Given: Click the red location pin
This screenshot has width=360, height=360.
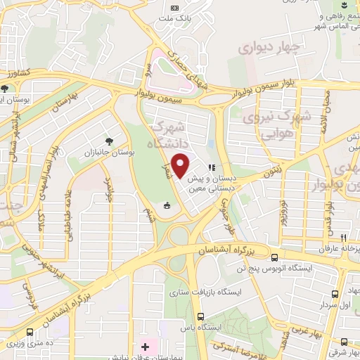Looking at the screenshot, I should tap(181, 166).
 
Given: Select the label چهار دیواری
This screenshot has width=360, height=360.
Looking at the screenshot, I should tap(269, 47).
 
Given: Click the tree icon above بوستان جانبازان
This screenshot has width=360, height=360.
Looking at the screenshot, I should tap(108, 141).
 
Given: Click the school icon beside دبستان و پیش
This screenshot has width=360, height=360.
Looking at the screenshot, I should tap(210, 168).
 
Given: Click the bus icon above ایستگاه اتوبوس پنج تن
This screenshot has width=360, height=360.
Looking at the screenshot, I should tap(274, 257).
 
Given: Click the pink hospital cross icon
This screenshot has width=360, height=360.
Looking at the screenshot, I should tap(146, 347).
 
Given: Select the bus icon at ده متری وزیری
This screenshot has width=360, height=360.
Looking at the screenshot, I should tap(30, 332).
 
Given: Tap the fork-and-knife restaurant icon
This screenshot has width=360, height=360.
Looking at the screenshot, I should tap(343, 238).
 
